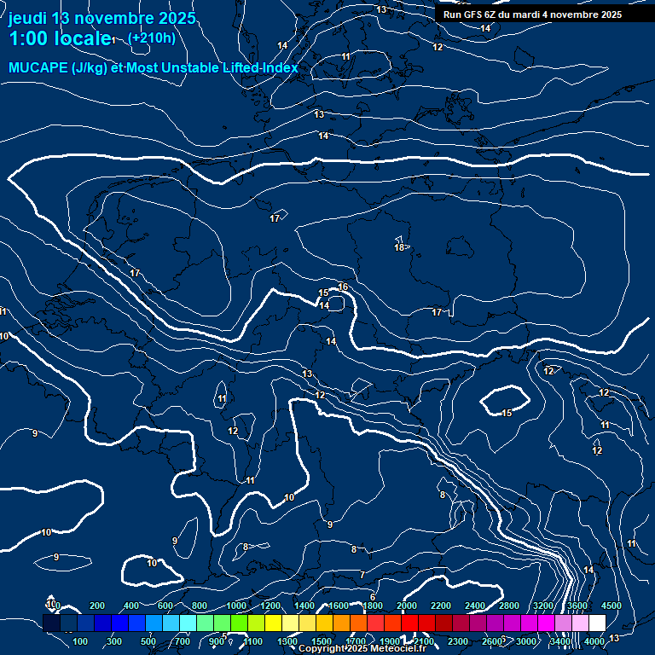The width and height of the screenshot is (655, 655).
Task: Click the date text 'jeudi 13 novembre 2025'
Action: [101, 18]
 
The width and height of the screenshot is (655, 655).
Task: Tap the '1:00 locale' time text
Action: [59, 39]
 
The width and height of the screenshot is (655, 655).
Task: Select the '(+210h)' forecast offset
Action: [151, 38]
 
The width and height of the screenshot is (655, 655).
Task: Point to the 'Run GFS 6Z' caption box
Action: [532, 14]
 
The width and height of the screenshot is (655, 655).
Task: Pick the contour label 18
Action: [399, 247]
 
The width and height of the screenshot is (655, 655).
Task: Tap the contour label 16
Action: [343, 287]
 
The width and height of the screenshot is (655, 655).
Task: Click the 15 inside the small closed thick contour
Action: [507, 413]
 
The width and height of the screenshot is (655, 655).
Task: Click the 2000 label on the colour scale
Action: [407, 606]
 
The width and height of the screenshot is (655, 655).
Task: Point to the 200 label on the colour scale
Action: [97, 606]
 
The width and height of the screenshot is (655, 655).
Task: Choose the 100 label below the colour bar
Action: [81, 641]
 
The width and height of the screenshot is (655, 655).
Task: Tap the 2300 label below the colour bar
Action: [458, 641]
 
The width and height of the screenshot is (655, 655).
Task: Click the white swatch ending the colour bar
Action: [597, 623]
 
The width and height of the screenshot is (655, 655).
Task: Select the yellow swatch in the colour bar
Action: [290, 623]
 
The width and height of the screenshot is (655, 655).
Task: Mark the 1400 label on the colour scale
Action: [304, 606]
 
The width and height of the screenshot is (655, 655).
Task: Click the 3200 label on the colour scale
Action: [543, 606]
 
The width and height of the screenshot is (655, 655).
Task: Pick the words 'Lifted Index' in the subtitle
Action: [255, 68]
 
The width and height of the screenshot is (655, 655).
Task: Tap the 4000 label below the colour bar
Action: [594, 641]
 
